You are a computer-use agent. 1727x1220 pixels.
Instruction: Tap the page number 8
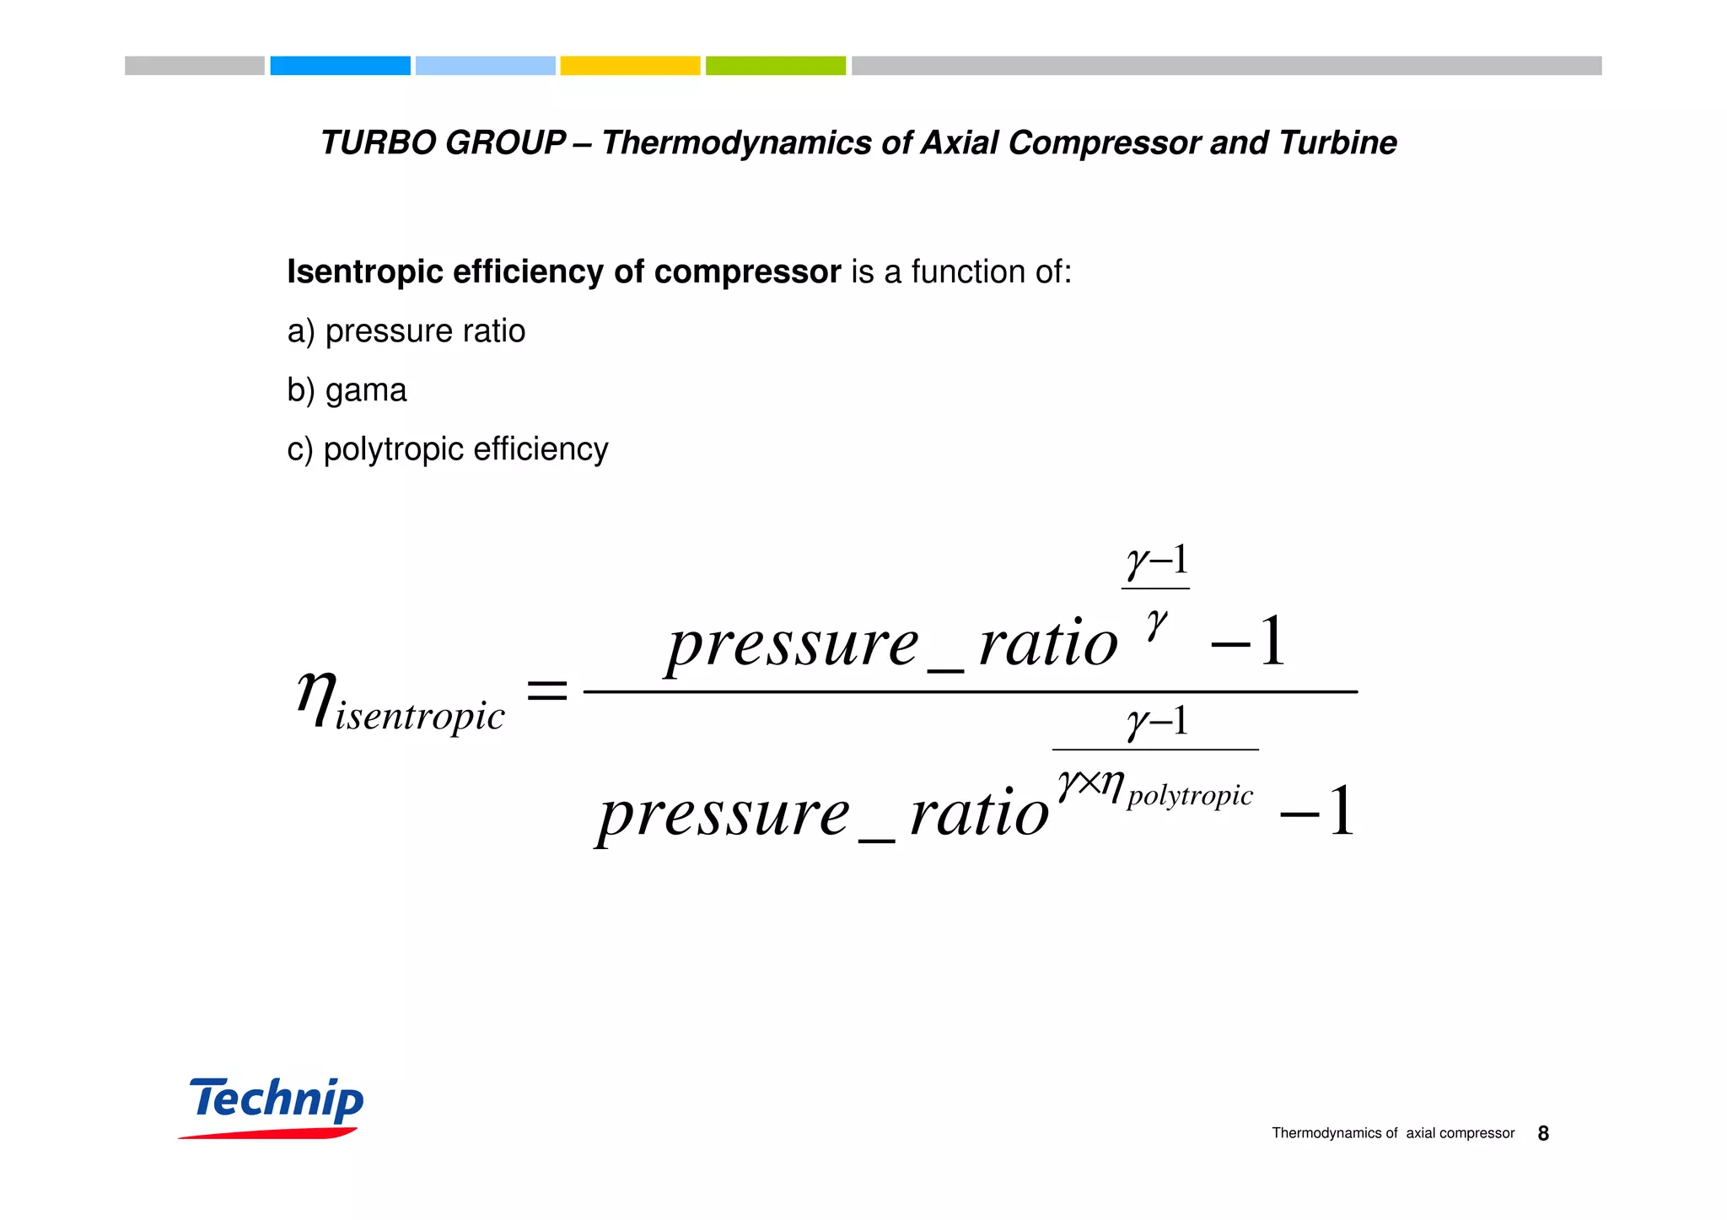(1543, 1134)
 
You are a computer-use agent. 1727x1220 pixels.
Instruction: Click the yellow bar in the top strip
(630, 66)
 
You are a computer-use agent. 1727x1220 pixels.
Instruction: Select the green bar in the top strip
(775, 66)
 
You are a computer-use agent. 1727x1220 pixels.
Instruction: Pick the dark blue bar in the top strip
(340, 66)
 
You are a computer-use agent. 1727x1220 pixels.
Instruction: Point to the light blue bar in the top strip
(485, 66)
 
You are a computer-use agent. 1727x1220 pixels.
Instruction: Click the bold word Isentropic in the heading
(364, 272)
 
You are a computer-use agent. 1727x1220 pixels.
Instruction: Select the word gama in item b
(366, 390)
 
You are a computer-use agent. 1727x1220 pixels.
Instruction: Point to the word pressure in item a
(384, 331)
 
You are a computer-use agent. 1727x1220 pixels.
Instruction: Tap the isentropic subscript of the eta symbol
(420, 717)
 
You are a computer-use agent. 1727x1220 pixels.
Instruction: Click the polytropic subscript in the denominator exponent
(1190, 796)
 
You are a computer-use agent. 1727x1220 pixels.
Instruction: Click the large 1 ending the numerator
(1272, 642)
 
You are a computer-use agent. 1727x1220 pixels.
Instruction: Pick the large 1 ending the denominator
(1341, 812)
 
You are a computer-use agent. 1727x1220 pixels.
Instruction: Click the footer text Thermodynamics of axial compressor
(1393, 1134)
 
